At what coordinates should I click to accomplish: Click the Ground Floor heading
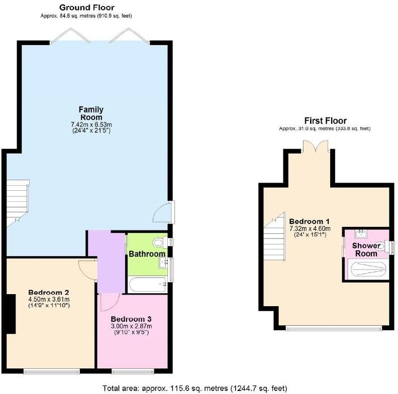point(86,8)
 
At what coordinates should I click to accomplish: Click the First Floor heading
point(325,121)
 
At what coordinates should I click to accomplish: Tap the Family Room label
point(91,113)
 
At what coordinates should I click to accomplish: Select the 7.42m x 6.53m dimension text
point(91,124)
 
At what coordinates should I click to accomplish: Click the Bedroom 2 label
point(48,293)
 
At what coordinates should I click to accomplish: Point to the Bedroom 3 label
point(131,319)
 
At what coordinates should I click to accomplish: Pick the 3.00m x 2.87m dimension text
point(131,326)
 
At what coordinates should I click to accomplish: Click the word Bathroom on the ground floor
point(147,254)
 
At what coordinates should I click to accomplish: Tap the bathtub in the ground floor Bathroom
point(147,285)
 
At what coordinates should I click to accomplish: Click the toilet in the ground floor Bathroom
point(160,242)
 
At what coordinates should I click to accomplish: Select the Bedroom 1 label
point(309,221)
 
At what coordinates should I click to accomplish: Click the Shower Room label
point(366,249)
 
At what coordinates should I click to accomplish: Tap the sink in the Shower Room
point(360,233)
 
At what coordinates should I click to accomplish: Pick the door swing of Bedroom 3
point(108,301)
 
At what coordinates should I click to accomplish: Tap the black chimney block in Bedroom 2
point(10,314)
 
